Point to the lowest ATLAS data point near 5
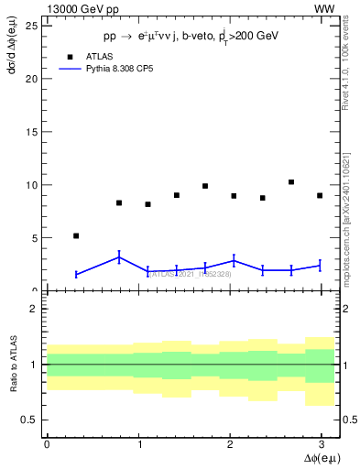76,235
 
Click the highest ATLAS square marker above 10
291,182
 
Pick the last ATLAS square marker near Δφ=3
320,195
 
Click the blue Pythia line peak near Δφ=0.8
119,257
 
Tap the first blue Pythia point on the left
76,274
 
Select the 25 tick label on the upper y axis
32,25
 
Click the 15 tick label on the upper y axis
32,131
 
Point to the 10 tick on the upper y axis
32,184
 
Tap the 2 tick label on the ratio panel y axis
35,309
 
